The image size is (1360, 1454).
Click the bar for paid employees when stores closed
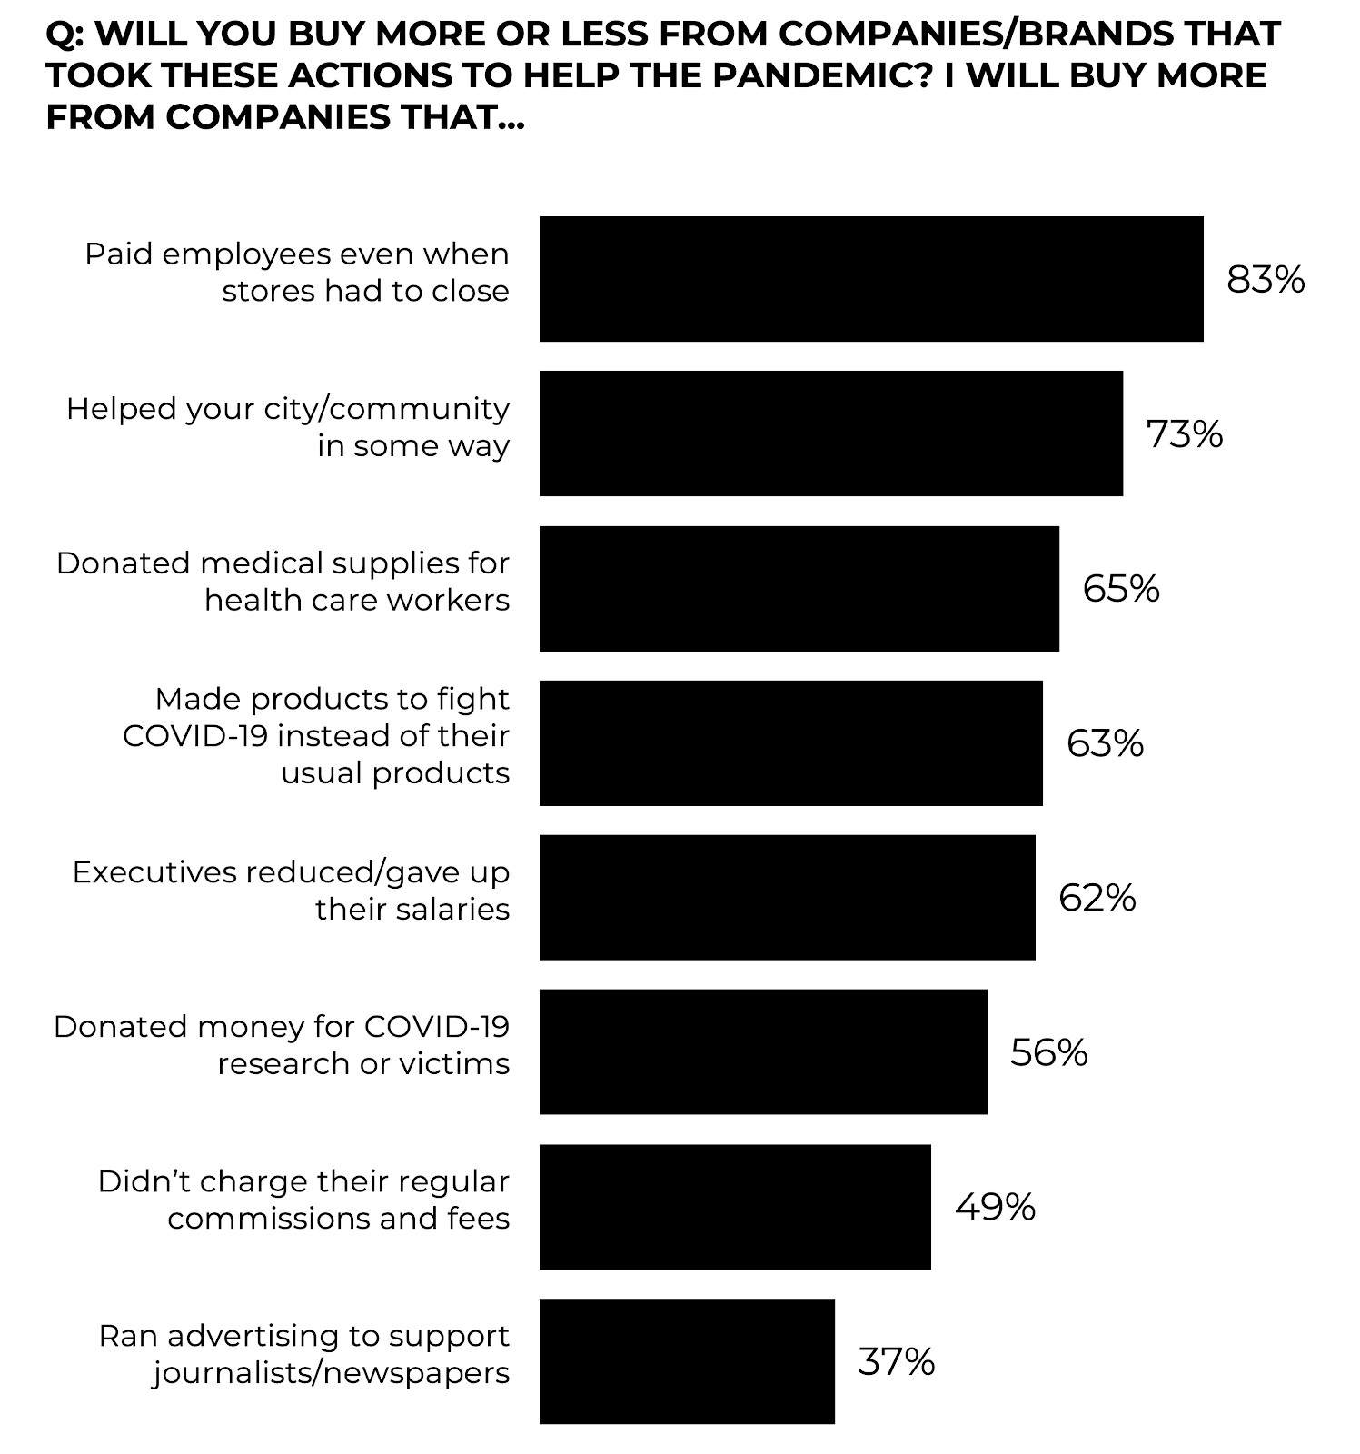pyautogui.click(x=870, y=279)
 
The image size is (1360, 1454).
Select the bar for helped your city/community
pyautogui.click(x=830, y=433)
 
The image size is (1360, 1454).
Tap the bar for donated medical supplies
pyautogui.click(x=799, y=588)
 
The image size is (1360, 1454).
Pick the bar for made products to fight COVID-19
pyautogui.click(x=790, y=742)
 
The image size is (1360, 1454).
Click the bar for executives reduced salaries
pyautogui.click(x=787, y=897)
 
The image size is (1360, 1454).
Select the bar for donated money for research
pyautogui.click(x=763, y=1051)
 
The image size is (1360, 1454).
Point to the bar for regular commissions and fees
pyautogui.click(x=735, y=1207)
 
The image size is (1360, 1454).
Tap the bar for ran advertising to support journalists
pyautogui.click(x=687, y=1361)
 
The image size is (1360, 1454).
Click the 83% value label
pyautogui.click(x=1266, y=280)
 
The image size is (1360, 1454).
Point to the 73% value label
pyautogui.click(x=1185, y=434)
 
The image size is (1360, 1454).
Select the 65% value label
pyautogui.click(x=1121, y=589)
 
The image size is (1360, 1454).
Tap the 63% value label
pyautogui.click(x=1105, y=743)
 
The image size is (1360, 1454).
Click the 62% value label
pyautogui.click(x=1097, y=898)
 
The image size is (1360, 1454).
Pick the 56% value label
pyautogui.click(x=1048, y=1052)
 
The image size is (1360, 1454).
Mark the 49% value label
pyautogui.click(x=995, y=1208)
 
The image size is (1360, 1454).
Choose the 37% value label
pyautogui.click(x=896, y=1362)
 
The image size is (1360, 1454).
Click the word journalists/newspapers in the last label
pyautogui.click(x=331, y=1373)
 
